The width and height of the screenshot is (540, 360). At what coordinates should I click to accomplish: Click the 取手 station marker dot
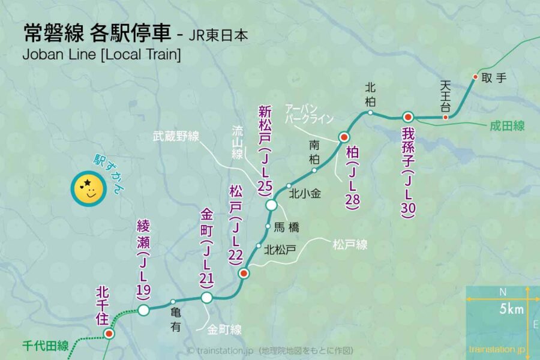[475, 77]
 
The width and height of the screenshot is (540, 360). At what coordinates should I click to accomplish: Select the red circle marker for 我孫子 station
[407, 117]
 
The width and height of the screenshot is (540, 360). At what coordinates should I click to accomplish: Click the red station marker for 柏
[344, 137]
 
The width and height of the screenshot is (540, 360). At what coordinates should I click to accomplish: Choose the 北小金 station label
[304, 194]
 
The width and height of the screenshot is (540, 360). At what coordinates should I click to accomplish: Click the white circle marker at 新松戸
[272, 205]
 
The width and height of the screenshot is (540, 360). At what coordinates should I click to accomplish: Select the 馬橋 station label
[286, 227]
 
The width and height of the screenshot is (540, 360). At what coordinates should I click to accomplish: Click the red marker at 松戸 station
[244, 274]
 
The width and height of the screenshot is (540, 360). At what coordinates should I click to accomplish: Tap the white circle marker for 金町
[206, 298]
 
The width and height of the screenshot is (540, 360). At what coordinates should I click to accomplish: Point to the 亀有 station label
[175, 320]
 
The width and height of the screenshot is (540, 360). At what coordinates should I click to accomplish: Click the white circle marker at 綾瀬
[143, 310]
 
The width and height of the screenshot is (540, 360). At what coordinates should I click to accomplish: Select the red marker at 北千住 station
[109, 334]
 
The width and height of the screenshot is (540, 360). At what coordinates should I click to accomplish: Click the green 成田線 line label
[507, 126]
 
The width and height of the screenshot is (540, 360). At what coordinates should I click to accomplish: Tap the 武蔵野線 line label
[176, 137]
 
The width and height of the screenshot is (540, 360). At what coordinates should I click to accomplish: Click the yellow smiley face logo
[88, 188]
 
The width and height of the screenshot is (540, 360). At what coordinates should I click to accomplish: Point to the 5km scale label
[509, 310]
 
